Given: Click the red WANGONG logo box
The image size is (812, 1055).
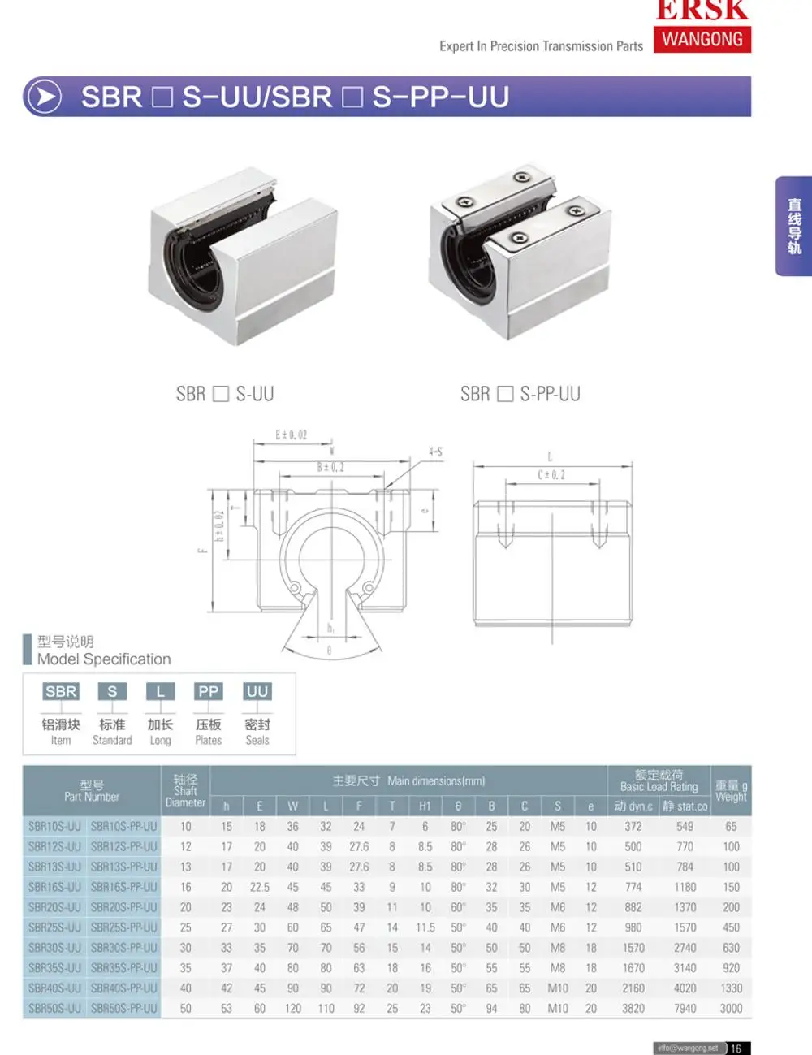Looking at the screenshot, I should coord(702,39).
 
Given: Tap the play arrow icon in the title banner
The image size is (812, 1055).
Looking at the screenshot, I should coord(44,97).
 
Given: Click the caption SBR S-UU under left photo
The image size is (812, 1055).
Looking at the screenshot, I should coord(225,394).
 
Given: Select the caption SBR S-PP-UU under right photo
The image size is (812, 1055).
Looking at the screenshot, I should coord(520,394).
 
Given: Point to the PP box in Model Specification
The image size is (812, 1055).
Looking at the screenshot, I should coord(209,691).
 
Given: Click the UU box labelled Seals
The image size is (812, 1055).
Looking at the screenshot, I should coord(257,691).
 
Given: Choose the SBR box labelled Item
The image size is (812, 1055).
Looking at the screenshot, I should coord(61,691).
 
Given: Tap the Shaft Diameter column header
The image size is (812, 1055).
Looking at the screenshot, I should coord(185,790).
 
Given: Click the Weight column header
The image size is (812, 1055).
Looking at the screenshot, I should coord(731,790).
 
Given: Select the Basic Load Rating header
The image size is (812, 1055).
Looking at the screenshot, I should coord(659,780).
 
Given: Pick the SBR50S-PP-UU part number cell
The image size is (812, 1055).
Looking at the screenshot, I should coord(123,1008).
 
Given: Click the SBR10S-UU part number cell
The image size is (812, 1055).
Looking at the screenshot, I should coord(54,826).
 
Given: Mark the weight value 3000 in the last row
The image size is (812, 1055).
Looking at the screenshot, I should coord(731,1008).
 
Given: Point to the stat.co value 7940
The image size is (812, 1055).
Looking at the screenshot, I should coord(685,1008).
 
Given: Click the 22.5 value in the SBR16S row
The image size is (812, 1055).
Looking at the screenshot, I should coord(259,887).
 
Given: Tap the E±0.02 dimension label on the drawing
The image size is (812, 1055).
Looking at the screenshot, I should coord(292,435).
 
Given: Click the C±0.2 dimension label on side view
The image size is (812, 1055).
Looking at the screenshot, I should coord(551,474).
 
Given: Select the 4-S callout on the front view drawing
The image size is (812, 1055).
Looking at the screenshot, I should coord(435,452).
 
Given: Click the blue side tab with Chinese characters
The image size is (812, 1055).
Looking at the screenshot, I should coord(794,226).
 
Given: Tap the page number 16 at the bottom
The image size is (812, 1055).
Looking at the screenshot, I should coord(736,1048).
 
